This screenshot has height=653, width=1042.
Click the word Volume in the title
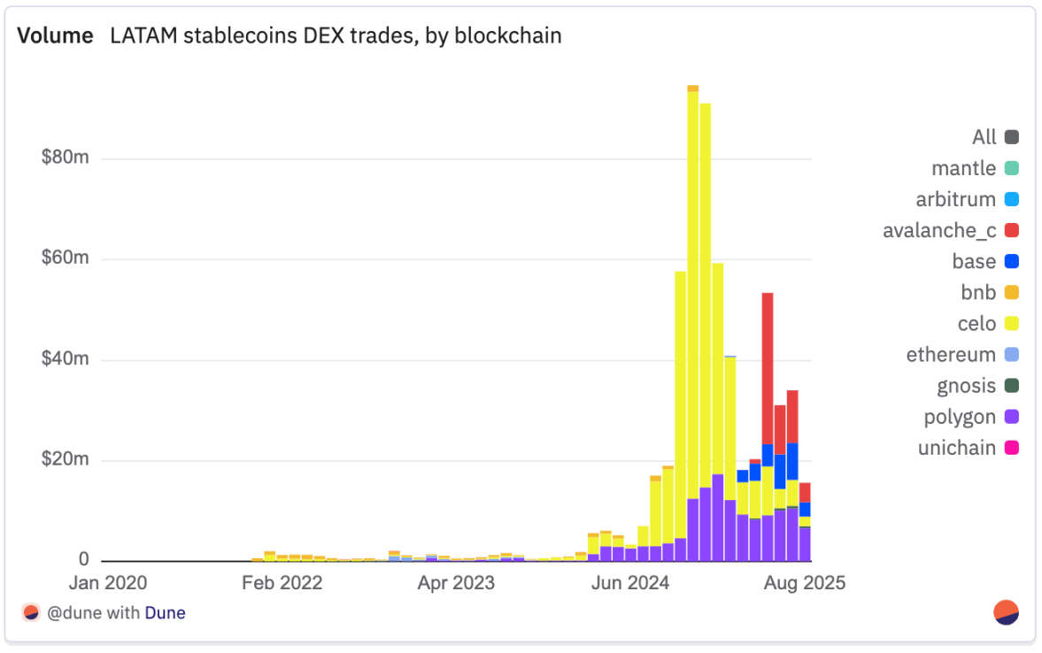pos(55,36)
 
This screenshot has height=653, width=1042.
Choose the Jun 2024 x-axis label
pos(629,583)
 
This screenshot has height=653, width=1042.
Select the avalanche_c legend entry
pos(939,231)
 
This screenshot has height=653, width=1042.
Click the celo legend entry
pos(976,324)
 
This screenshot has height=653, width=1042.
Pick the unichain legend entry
pos(957,448)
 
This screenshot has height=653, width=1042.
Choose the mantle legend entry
pos(964,168)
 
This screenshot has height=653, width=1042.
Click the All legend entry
pos(984,137)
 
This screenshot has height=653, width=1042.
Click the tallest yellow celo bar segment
pos(693,292)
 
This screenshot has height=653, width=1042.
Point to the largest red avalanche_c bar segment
pos(768,367)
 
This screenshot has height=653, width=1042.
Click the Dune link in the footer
pos(166,612)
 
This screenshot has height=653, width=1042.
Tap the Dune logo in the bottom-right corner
pos(1007,612)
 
